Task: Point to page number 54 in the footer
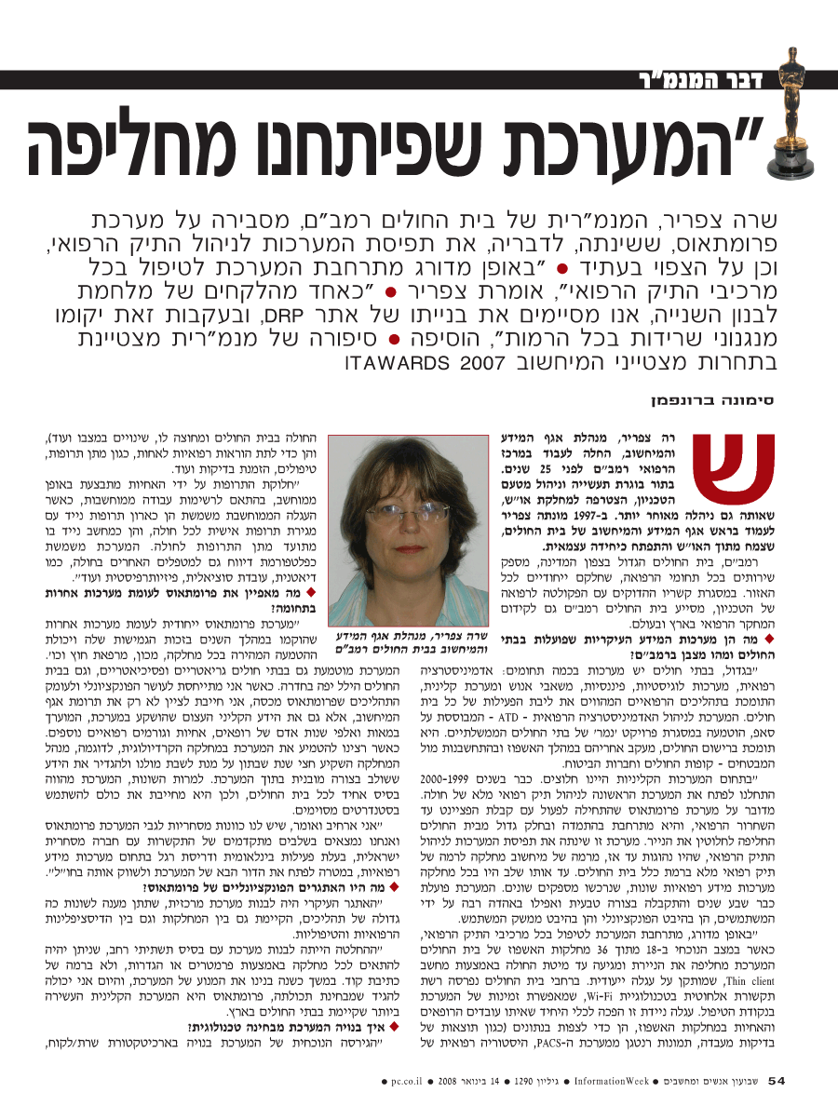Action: pyautogui.click(x=777, y=1080)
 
